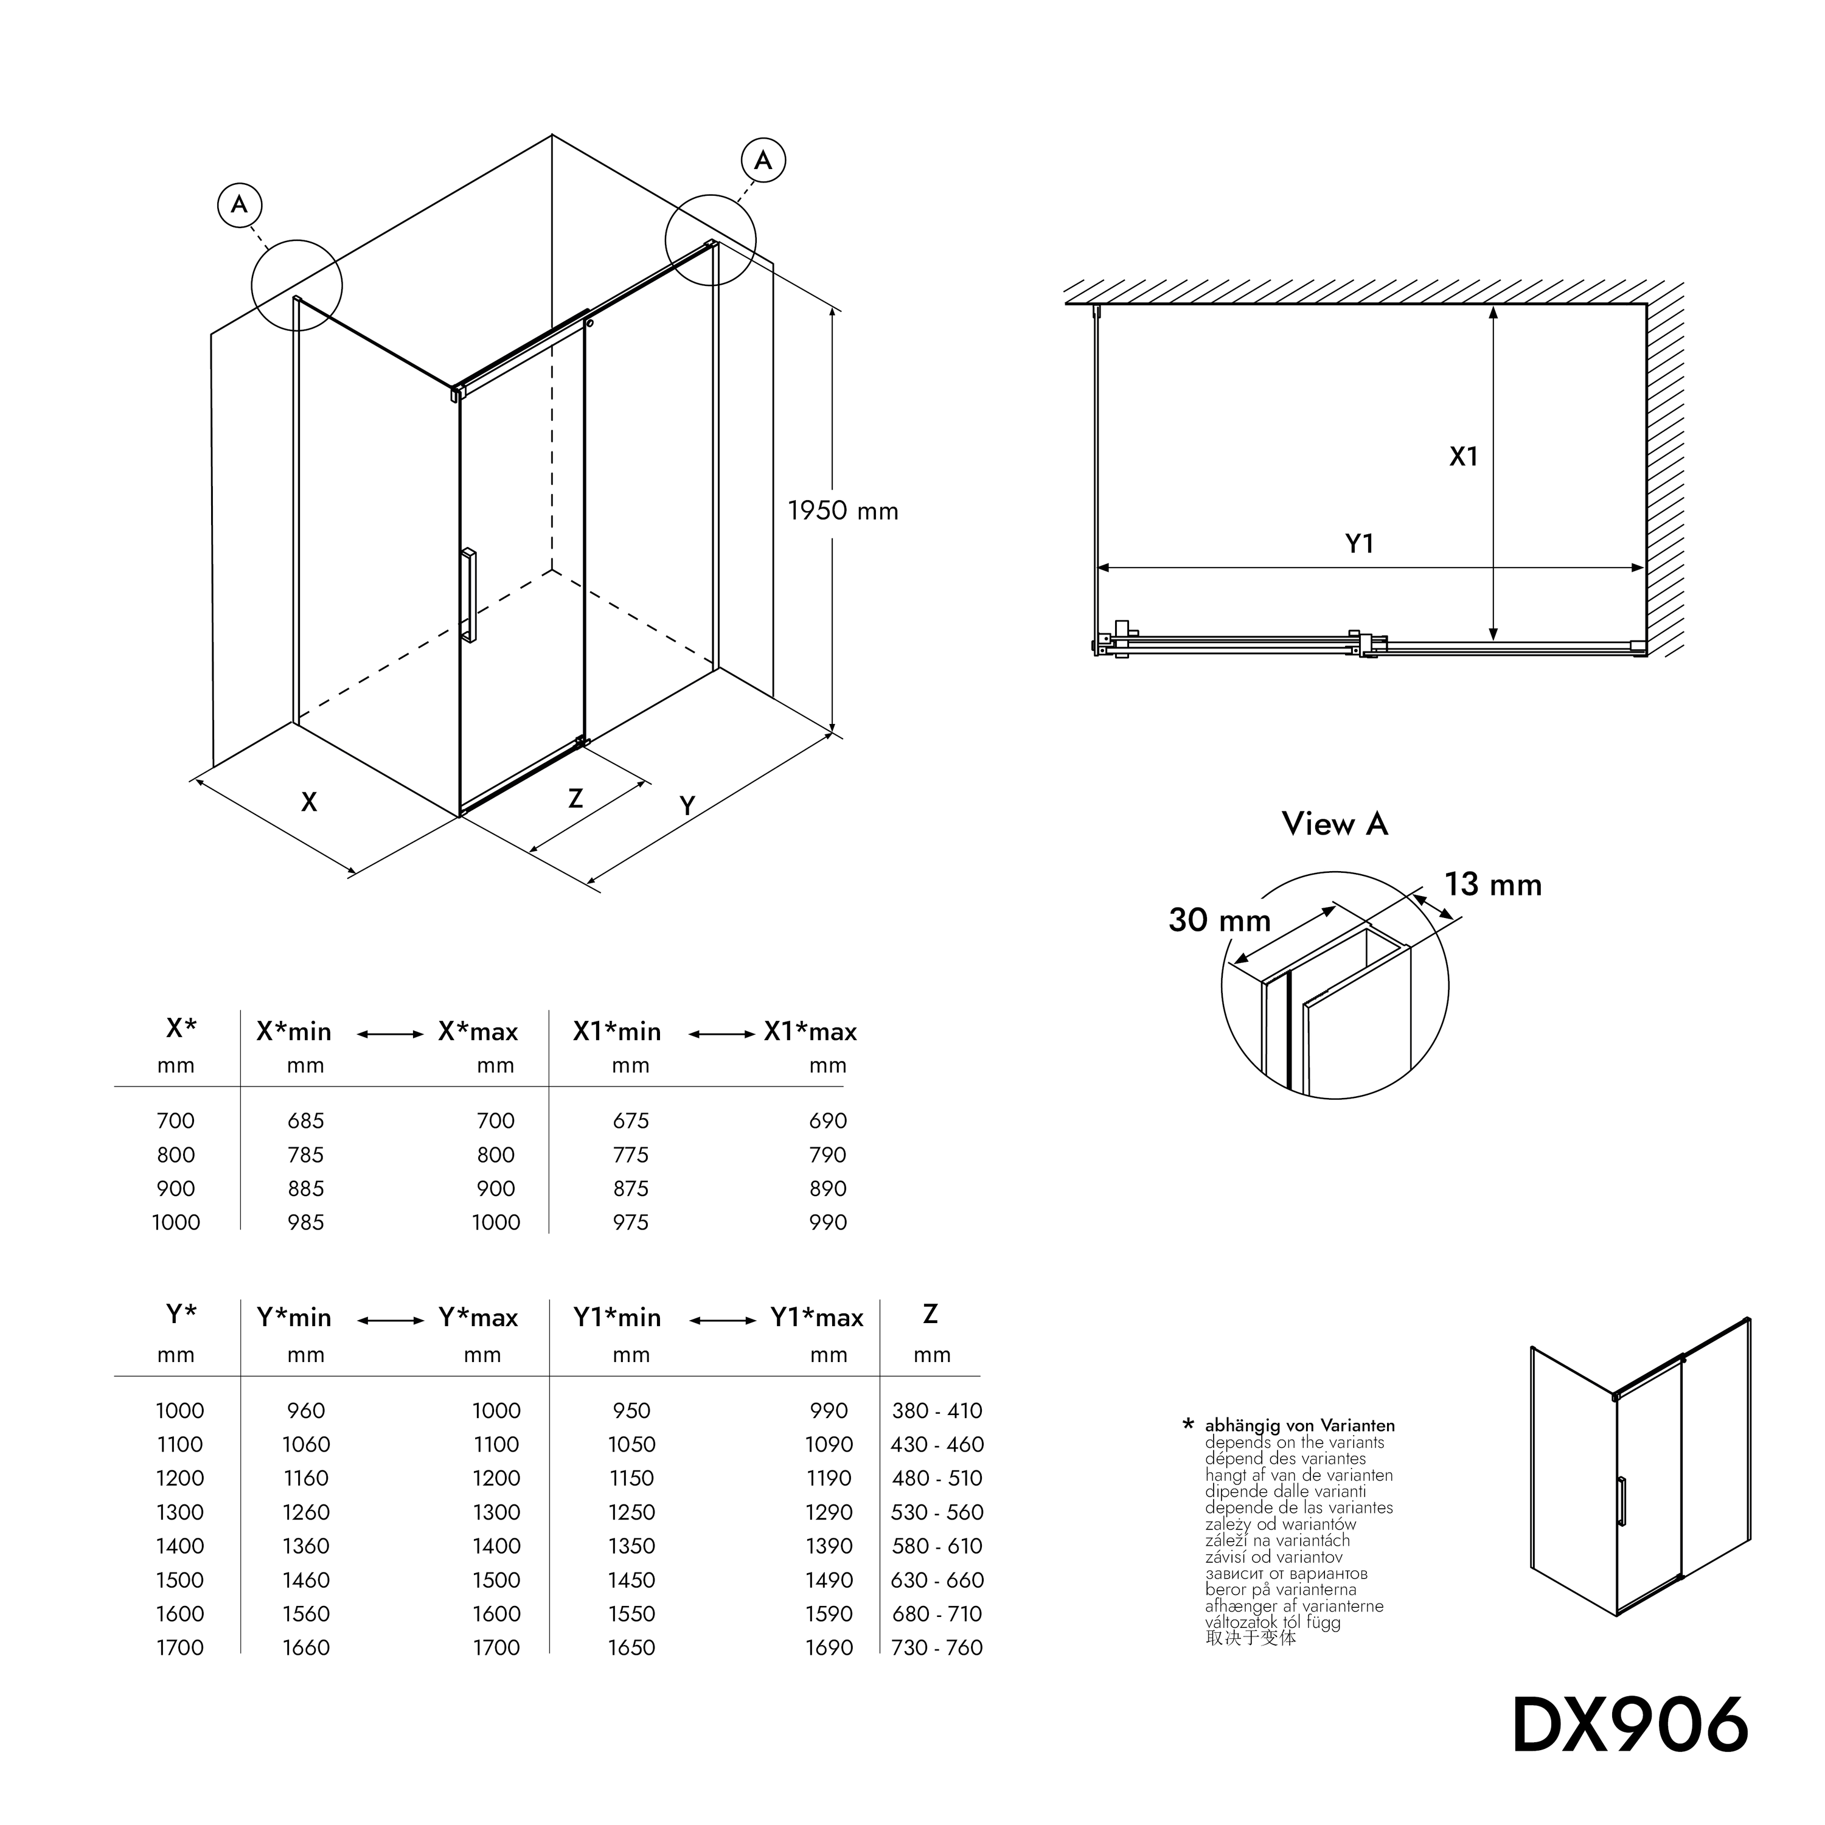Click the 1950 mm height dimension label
[843, 511]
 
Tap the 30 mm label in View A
[1220, 920]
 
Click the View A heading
[1335, 824]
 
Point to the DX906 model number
[1630, 1725]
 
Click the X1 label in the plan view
[1463, 457]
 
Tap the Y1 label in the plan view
[1359, 543]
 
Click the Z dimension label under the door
[575, 799]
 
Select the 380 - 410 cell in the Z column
[937, 1410]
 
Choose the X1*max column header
[810, 1032]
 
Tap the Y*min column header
[294, 1318]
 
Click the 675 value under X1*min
[631, 1121]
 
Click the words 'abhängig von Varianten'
[1300, 1425]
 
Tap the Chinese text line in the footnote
[1251, 1638]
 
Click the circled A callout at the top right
[763, 161]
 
